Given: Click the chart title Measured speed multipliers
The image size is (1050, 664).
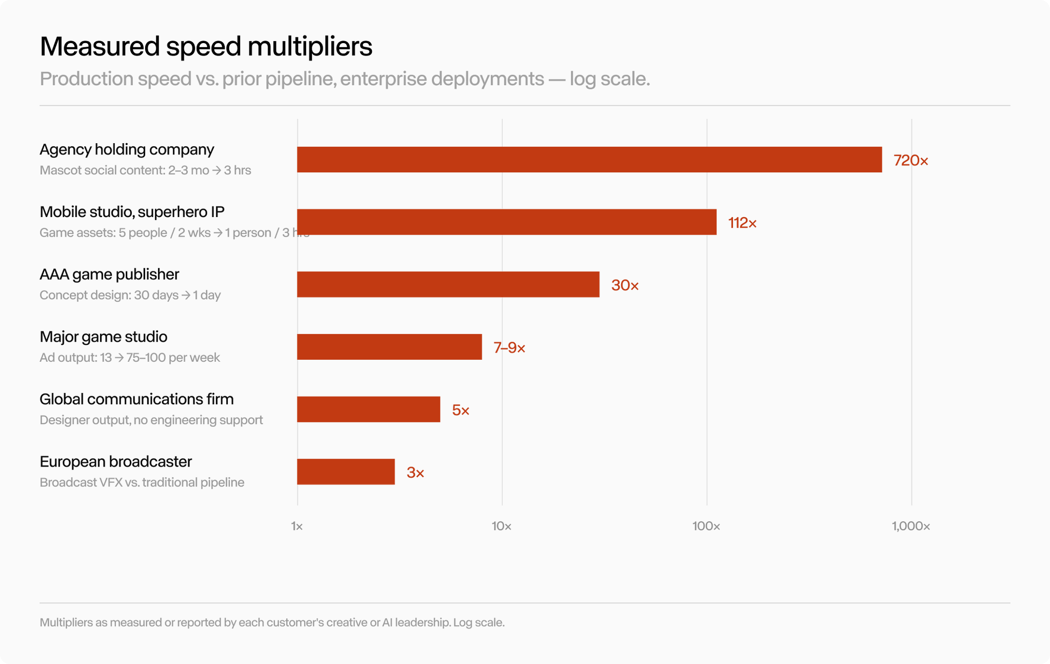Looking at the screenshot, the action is click(206, 47).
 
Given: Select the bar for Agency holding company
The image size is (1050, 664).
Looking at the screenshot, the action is click(589, 160).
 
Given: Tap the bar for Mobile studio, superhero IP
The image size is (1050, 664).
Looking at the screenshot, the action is click(507, 222).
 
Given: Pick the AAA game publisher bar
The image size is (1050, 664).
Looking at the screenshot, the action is click(448, 284).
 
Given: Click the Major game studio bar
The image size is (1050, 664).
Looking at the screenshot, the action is click(389, 347).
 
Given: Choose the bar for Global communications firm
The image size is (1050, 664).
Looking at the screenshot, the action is click(369, 409).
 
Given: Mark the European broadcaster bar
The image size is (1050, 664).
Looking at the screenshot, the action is click(346, 472).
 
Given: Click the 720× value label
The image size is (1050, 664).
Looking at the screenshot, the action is click(911, 161).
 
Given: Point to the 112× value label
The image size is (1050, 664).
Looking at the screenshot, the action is click(742, 223).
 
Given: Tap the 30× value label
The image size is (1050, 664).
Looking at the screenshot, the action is click(625, 285).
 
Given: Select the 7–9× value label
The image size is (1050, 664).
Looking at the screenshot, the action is click(509, 348).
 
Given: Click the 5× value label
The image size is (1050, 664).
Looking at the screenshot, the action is click(461, 411).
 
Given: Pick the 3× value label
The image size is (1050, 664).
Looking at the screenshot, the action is click(415, 473).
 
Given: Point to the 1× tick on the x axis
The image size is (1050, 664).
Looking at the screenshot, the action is click(297, 526).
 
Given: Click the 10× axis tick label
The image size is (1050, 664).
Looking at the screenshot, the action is click(502, 526).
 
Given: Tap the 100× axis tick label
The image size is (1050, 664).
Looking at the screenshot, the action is click(706, 526).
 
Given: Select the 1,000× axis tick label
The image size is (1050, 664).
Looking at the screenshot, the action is click(911, 526).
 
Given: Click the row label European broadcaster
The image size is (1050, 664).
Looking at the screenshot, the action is click(116, 461).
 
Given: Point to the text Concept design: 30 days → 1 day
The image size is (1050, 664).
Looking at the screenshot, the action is click(130, 295).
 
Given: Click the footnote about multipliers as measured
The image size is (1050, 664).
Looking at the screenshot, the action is click(272, 622).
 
